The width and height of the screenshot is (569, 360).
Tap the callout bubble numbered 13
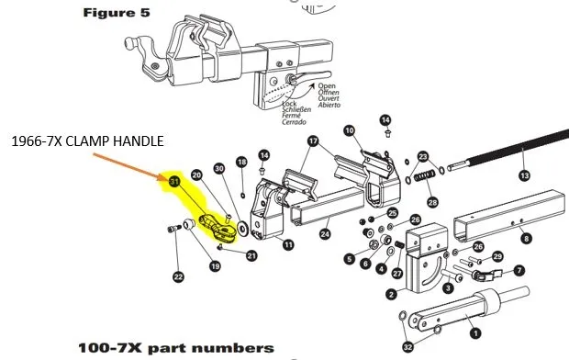click(525, 174)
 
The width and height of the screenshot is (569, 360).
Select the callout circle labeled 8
click(526, 238)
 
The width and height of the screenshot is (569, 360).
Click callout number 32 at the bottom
click(407, 346)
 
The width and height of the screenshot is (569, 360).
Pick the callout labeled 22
click(177, 276)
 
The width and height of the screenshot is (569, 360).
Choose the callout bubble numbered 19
click(215, 266)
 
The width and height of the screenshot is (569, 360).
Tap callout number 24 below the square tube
click(325, 234)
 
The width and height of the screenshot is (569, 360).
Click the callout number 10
click(349, 131)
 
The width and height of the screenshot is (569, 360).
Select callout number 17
click(313, 141)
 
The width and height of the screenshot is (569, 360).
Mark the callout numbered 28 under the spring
click(433, 201)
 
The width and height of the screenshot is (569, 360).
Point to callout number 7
click(519, 270)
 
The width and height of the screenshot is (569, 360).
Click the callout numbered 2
click(392, 294)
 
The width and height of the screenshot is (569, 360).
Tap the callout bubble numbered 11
click(288, 245)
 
